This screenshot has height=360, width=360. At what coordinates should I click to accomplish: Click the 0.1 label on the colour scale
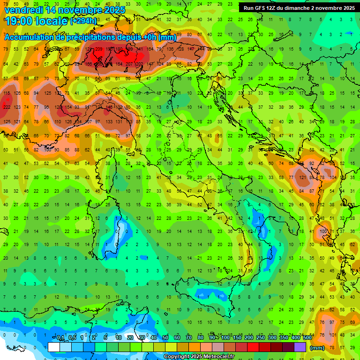pos(60,338)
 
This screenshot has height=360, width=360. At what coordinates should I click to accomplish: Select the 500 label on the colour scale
pos(307,338)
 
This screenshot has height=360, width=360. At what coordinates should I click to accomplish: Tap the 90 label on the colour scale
pos(212,338)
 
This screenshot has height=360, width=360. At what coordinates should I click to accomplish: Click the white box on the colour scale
pos(54,347)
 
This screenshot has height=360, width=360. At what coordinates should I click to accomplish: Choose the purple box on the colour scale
pos(300,347)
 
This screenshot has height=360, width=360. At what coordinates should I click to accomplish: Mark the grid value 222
pos(7,107)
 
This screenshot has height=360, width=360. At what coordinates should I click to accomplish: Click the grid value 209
pos(98,49)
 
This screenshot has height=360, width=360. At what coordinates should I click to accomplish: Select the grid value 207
pos(129,64)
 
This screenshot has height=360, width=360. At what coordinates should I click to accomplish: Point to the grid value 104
pos(333,178)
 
